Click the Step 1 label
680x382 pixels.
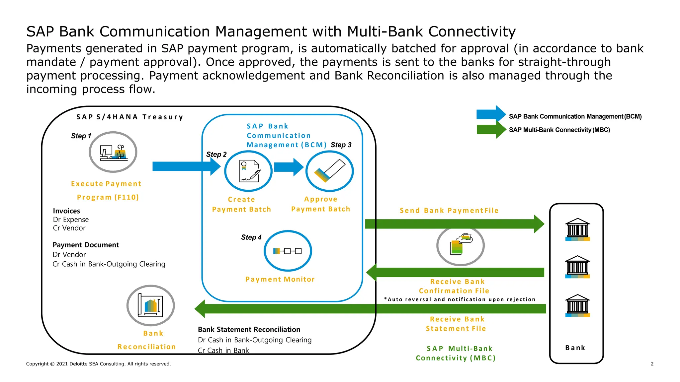click(81, 136)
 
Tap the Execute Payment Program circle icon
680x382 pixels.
click(113, 152)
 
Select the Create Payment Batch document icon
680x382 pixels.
click(248, 171)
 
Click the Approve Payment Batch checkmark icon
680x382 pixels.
click(329, 171)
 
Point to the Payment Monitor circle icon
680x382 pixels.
click(288, 251)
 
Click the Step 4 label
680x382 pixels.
click(251, 237)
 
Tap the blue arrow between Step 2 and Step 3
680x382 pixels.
click(289, 167)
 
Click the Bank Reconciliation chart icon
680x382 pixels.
click(150, 305)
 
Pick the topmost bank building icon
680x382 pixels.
click(577, 229)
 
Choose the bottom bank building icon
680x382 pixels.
click(577, 305)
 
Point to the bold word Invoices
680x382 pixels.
click(66, 211)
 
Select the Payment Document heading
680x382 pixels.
click(86, 245)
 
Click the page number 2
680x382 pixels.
click(652, 364)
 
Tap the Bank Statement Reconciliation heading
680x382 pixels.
click(249, 329)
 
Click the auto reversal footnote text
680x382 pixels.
click(460, 299)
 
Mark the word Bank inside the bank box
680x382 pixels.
click(575, 348)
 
